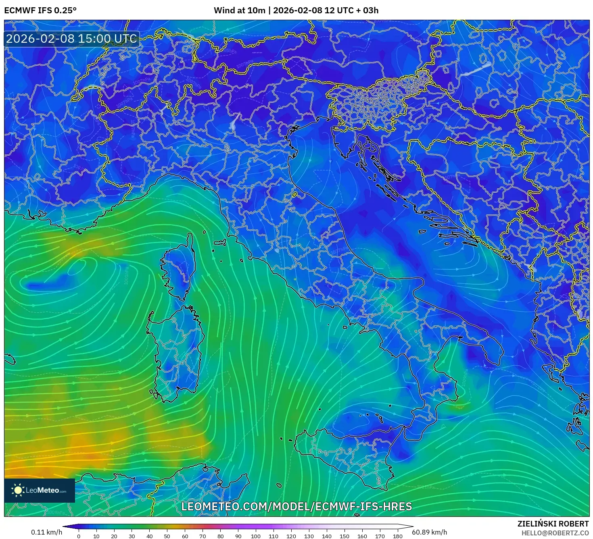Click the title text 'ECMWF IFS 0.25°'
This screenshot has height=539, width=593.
[40, 10]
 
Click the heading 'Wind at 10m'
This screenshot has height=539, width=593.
[239, 10]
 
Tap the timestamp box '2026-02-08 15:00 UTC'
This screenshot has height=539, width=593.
[71, 39]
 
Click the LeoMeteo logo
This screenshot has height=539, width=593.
[40, 490]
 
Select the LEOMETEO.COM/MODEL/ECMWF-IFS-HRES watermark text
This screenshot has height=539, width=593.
[296, 506]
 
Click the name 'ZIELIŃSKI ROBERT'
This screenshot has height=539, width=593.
[553, 524]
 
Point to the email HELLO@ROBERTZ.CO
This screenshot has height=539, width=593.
[555, 533]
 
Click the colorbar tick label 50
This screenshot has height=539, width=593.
[167, 536]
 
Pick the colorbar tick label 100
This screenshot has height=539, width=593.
[256, 536]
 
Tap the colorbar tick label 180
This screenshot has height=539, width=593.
[398, 536]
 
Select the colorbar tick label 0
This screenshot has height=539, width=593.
[79, 536]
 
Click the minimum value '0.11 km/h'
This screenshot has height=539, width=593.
[46, 532]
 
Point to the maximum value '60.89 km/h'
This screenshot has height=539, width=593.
[429, 532]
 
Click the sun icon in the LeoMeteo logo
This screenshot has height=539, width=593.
[18, 490]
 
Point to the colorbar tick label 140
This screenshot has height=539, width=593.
[327, 536]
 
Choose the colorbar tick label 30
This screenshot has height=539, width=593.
[132, 536]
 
